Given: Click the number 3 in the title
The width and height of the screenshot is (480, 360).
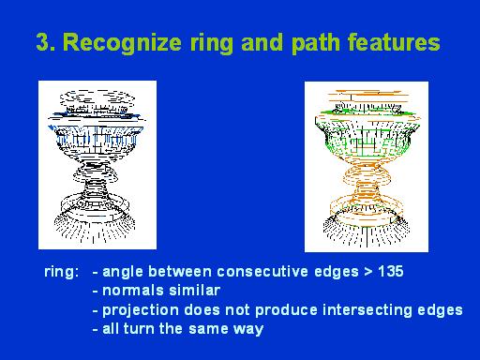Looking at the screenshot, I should pyautogui.click(x=42, y=43).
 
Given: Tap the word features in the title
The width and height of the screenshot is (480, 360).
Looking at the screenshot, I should pyautogui.click(x=397, y=43).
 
